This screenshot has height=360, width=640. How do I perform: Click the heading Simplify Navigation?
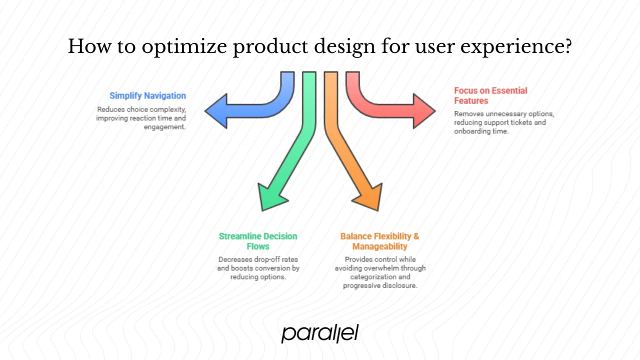pyautogui.click(x=147, y=95)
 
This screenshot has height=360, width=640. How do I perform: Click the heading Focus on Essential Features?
pyautogui.click(x=490, y=95)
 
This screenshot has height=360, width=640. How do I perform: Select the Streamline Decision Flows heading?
pyautogui.click(x=258, y=241)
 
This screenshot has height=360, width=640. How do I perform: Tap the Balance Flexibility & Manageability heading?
pyautogui.click(x=379, y=241)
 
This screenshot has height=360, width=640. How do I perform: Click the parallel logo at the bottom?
pyautogui.click(x=320, y=333)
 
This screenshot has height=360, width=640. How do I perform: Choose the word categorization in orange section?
pyautogui.click(x=380, y=277)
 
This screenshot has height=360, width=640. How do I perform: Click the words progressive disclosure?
pyautogui.click(x=380, y=285)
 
